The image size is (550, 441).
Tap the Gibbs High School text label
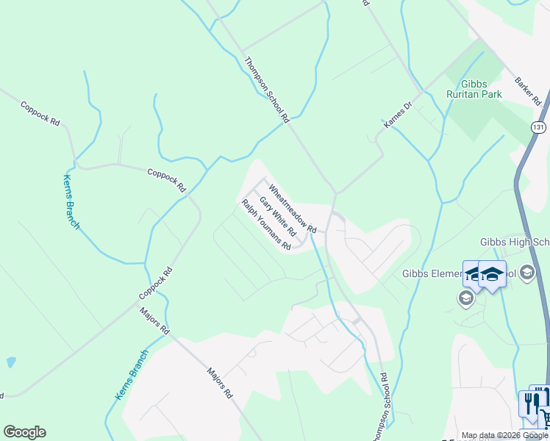[x=514, y=243]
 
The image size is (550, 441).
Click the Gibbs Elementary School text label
[x=434, y=274]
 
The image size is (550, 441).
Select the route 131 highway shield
[x=540, y=127]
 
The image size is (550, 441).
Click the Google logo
[x=24, y=432]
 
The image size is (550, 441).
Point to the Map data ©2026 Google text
[x=505, y=435]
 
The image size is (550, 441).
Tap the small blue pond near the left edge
[x=10, y=362]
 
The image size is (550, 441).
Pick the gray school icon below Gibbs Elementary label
[x=465, y=298]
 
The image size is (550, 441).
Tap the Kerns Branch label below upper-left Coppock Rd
[x=70, y=202]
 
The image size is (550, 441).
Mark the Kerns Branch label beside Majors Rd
[x=132, y=374]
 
